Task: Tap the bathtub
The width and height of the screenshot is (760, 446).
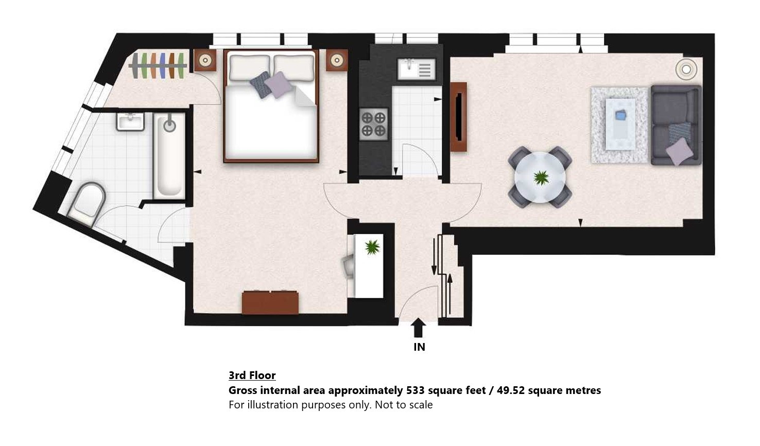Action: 169,156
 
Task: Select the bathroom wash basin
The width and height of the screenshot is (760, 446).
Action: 130,122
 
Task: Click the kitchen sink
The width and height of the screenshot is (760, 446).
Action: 417,69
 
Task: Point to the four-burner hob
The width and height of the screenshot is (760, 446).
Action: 373,124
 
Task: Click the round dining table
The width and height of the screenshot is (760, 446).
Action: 540,177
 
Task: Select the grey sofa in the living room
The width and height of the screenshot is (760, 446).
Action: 676,125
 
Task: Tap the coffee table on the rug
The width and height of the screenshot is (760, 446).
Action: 620,124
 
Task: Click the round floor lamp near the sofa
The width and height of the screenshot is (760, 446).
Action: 686,70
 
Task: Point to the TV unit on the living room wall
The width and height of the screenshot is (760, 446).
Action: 458,117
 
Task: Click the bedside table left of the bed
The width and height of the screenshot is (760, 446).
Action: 205,60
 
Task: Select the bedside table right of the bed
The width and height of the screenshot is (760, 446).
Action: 337,60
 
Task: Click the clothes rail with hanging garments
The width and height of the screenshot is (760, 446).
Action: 158,65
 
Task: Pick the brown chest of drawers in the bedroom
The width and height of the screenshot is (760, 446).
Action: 270,302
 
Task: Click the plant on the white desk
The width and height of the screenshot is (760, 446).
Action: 372,247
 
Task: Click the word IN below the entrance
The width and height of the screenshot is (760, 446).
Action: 419,347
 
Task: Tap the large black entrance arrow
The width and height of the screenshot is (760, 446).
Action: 418,328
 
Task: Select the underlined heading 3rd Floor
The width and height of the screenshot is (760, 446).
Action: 252,375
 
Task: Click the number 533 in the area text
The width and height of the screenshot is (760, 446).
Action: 416,390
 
